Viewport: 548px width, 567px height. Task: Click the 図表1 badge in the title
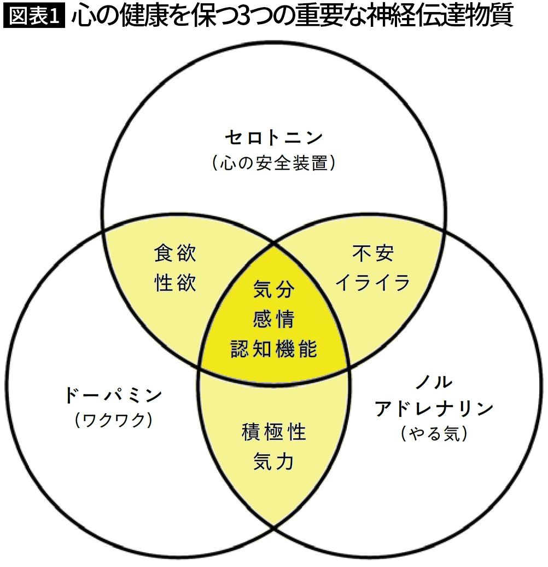click(34, 17)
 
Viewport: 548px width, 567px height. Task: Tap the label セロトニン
click(273, 138)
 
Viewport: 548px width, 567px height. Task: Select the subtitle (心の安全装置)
click(273, 163)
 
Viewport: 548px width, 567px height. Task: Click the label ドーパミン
click(113, 395)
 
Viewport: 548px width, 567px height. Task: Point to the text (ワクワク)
click(113, 420)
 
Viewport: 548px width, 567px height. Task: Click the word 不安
click(372, 253)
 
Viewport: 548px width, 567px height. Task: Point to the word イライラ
click(372, 283)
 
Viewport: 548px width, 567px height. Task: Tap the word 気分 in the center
click(274, 289)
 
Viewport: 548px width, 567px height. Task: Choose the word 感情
click(274, 319)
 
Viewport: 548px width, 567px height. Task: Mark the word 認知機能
click(274, 348)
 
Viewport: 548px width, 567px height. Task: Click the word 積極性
click(274, 432)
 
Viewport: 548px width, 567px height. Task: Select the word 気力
click(274, 462)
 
